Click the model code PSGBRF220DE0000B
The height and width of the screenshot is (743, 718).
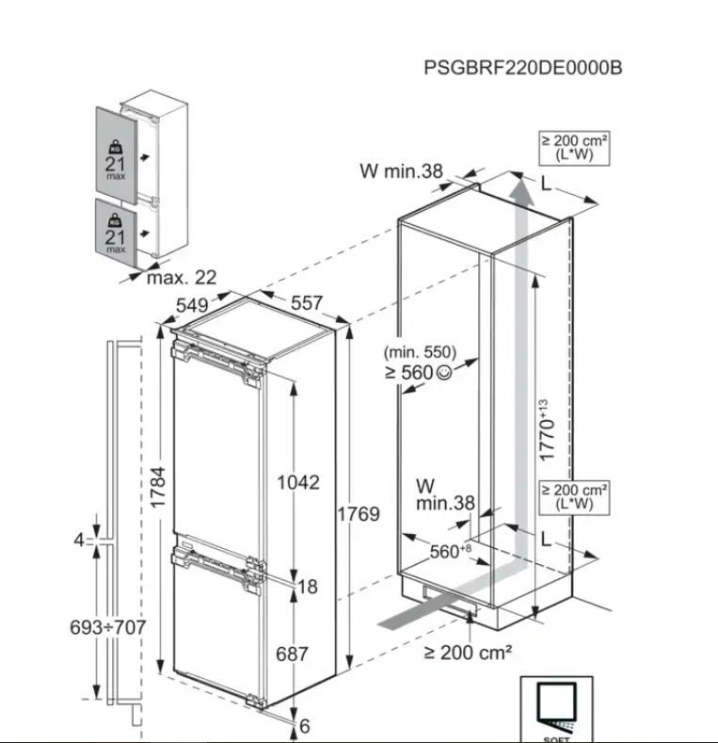coord(522,69)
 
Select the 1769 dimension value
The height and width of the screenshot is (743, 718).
coord(358,514)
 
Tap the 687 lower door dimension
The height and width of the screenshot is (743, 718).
coord(292,653)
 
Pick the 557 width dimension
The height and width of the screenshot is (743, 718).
coord(306,303)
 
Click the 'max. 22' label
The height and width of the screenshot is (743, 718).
coord(181,277)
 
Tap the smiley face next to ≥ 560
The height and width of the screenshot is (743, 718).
coord(444,372)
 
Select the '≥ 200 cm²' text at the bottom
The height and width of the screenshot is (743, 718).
coord(468,652)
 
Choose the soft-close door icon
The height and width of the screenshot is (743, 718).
coord(556,707)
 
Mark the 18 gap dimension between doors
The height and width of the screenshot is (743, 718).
coord(308,587)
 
